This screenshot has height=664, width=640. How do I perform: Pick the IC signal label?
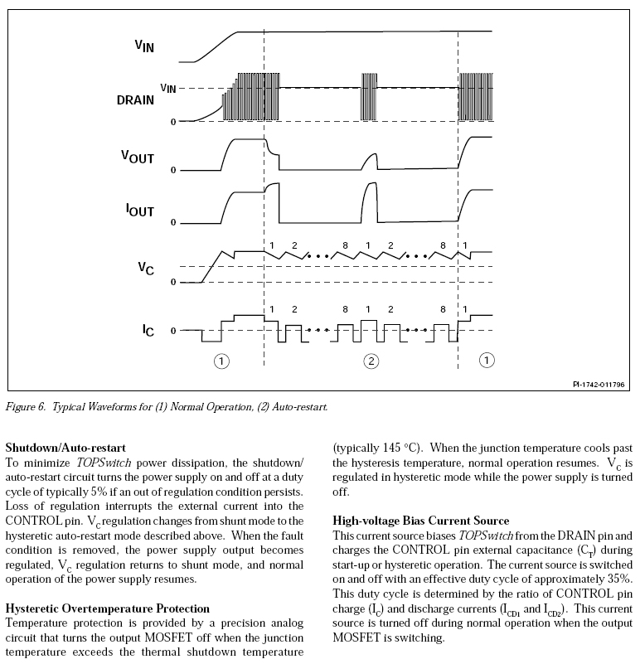147,329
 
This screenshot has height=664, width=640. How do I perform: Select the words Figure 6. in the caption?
27,407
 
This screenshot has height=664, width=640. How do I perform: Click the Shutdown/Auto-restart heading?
61,449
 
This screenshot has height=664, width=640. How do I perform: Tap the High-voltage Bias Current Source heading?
421,521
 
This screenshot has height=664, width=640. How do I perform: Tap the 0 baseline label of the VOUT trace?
172,170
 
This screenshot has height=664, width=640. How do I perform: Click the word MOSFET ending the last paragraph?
357,637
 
